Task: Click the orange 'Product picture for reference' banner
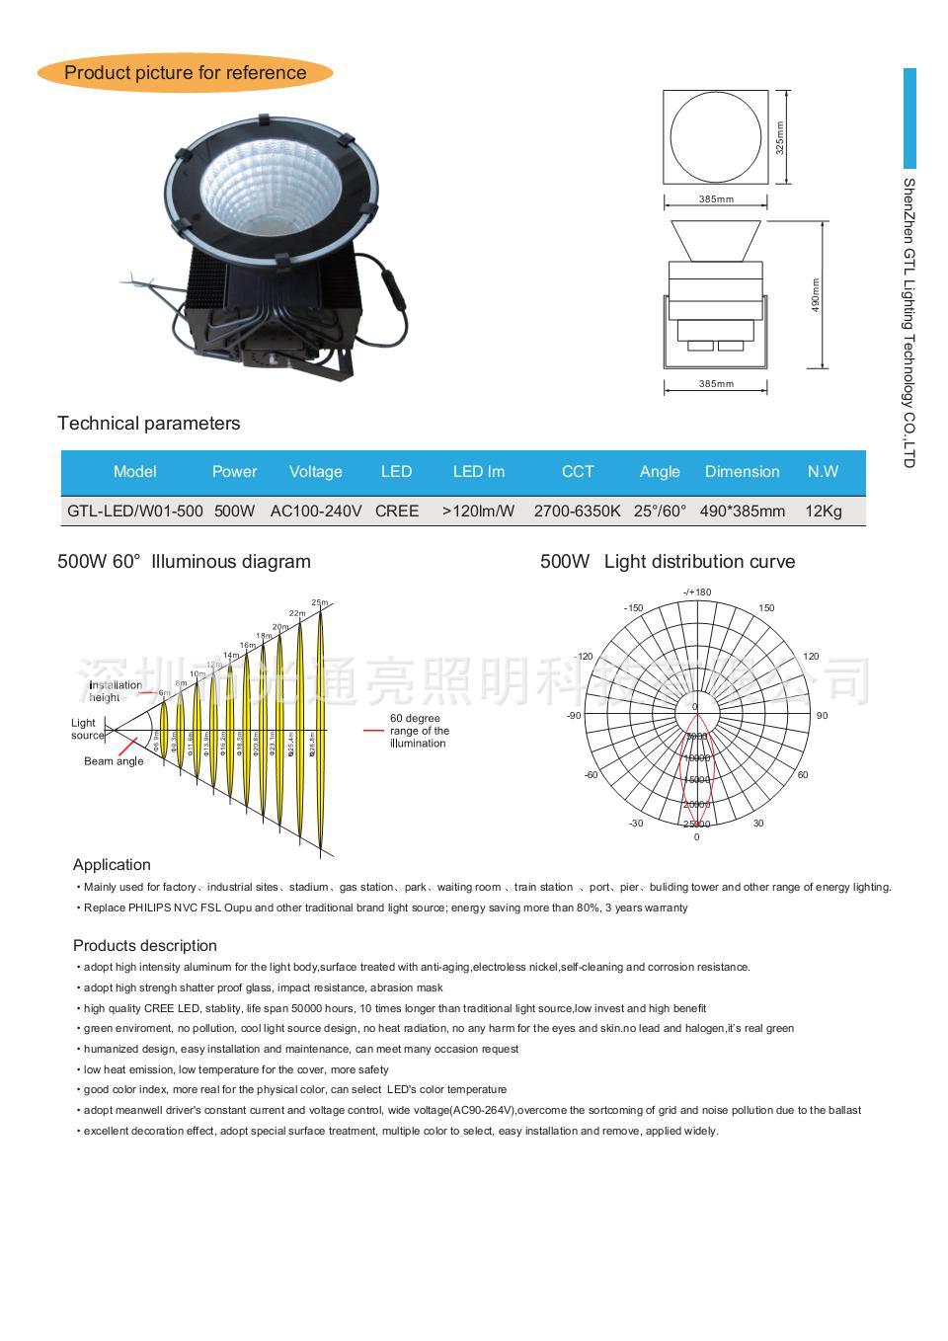coord(185,72)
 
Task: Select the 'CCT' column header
coord(578,471)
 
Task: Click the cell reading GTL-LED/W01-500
coord(135,511)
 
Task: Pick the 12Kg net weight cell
coord(824,511)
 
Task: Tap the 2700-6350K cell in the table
coord(577,511)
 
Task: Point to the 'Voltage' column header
coord(315,471)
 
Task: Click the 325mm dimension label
coord(779,137)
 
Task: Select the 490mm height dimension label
coord(816,295)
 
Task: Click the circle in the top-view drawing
coord(715,136)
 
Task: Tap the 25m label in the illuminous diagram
coord(320,602)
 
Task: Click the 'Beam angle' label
coord(114,761)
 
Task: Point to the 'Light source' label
coord(86,729)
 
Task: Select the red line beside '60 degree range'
coord(373,731)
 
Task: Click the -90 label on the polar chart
coord(574,715)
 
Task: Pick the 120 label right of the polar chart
coord(811,657)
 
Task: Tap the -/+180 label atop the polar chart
coord(697,592)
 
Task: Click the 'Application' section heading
coord(112,865)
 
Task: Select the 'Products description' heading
coord(144,946)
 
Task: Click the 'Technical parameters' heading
coord(148,424)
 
